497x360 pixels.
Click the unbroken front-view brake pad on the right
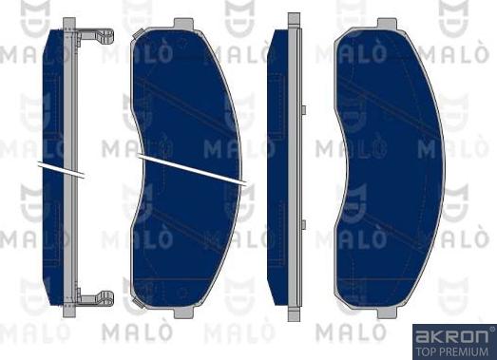(x=389, y=171)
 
